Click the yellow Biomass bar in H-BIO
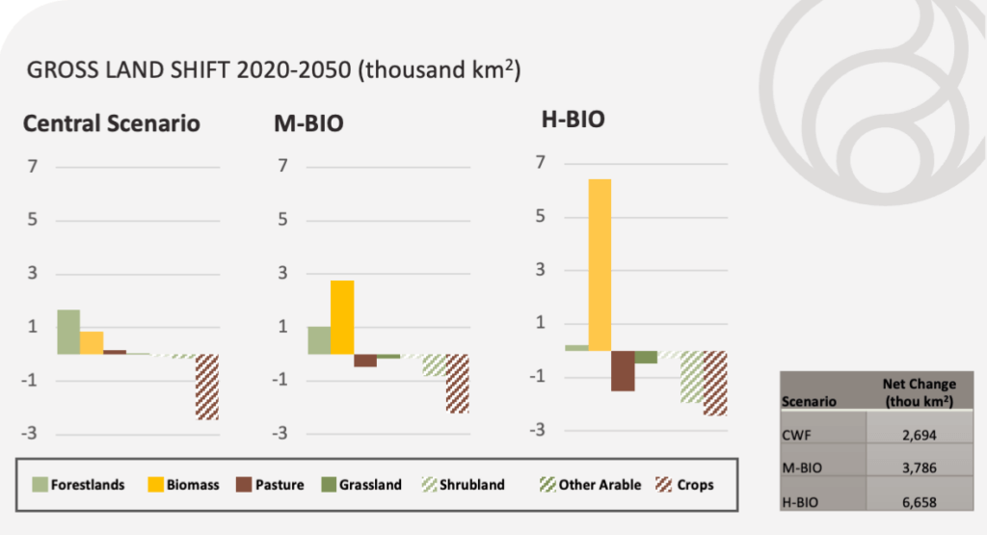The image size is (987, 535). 600,265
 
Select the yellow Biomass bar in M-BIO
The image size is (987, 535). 342,317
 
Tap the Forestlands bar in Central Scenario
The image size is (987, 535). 68,332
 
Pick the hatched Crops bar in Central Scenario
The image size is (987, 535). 207,387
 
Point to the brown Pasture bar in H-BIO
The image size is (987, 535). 623,371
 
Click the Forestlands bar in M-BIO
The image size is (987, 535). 319,340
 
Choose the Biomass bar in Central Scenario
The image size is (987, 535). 92,343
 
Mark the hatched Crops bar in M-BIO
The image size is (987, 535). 457,384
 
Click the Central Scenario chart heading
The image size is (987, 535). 112,124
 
